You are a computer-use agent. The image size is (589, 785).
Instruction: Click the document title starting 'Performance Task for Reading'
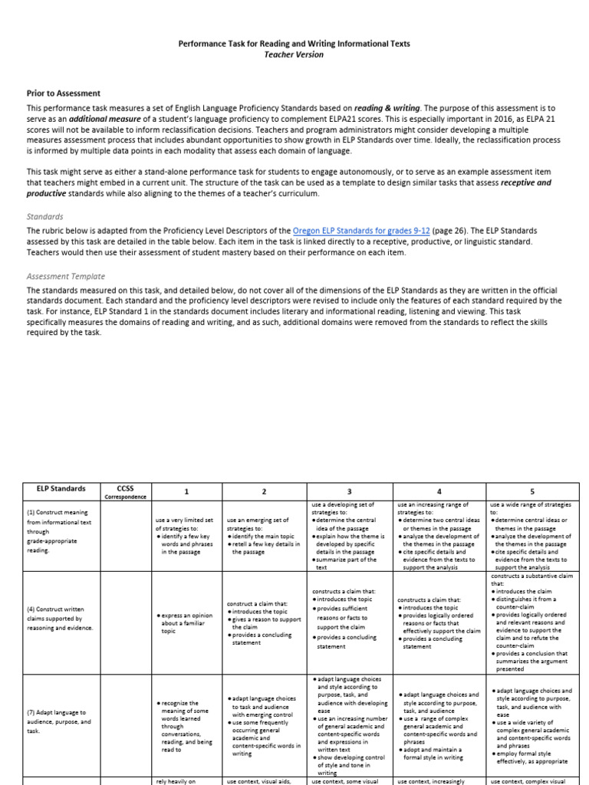(x=294, y=44)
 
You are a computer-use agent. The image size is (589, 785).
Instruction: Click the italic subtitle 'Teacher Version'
(x=294, y=54)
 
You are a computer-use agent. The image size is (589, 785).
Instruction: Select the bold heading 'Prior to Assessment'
(x=64, y=94)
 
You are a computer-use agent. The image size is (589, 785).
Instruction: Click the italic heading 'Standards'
(x=45, y=217)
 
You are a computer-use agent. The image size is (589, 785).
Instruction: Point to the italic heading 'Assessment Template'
(x=65, y=276)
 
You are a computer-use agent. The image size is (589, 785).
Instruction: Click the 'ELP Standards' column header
(x=61, y=488)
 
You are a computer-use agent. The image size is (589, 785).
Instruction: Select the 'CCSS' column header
(x=124, y=488)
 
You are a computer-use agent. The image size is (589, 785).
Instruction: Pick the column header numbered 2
(x=263, y=491)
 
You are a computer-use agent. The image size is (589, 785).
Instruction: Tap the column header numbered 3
(x=350, y=491)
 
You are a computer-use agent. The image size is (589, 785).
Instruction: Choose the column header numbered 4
(x=439, y=491)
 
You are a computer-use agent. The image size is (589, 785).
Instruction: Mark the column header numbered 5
(x=532, y=491)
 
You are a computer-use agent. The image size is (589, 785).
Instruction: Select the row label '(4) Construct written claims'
(x=60, y=618)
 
